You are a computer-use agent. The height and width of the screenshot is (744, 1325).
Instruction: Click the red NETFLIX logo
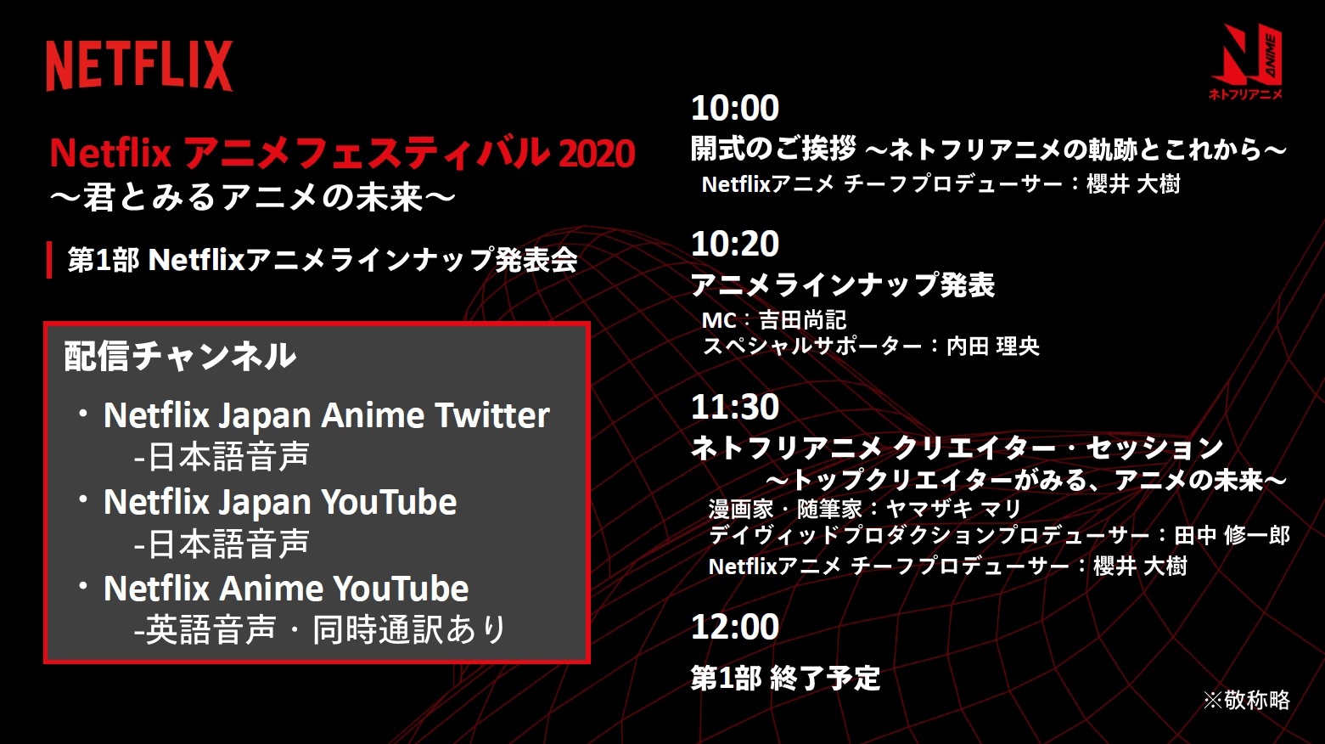point(139,65)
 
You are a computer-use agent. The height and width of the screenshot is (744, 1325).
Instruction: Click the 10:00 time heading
point(735,109)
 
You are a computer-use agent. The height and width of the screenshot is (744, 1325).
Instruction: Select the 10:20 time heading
point(735,244)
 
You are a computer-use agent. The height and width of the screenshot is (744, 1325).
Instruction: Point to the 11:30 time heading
point(735,407)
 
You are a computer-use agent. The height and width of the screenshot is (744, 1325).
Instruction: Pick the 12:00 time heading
point(735,627)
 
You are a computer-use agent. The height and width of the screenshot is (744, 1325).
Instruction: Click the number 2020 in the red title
point(596,153)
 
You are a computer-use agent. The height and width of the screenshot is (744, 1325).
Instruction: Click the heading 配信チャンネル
point(180,356)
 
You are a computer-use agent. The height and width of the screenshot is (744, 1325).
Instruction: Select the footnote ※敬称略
point(1246,700)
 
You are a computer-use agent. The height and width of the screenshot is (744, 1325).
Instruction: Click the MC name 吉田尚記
point(803,320)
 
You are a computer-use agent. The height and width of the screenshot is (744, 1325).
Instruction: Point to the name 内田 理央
point(992,347)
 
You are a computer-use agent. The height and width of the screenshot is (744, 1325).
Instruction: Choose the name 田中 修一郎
point(1232,535)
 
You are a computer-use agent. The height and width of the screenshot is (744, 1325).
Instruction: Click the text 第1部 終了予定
point(785,678)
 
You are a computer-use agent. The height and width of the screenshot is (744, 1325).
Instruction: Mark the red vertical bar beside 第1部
point(50,259)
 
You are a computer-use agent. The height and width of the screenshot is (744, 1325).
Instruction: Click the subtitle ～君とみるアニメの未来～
point(253,197)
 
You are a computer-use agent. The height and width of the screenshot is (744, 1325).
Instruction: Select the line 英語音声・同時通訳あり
point(320,629)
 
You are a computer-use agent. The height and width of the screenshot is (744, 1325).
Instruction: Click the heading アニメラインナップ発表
point(842,285)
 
